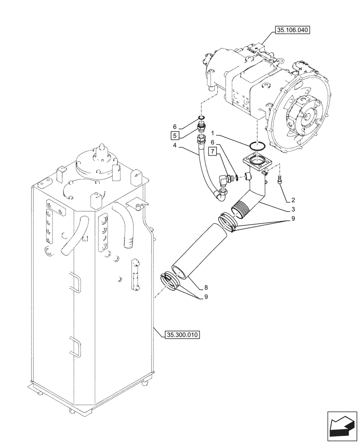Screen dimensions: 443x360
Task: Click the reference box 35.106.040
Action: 293,31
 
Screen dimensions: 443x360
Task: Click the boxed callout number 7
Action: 213,153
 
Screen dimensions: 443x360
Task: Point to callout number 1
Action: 213,133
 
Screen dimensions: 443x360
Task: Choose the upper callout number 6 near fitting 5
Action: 175,127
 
